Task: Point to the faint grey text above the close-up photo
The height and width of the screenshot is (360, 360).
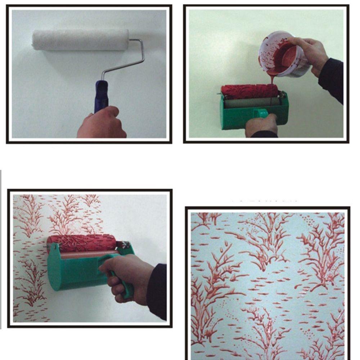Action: click(265, 199)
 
